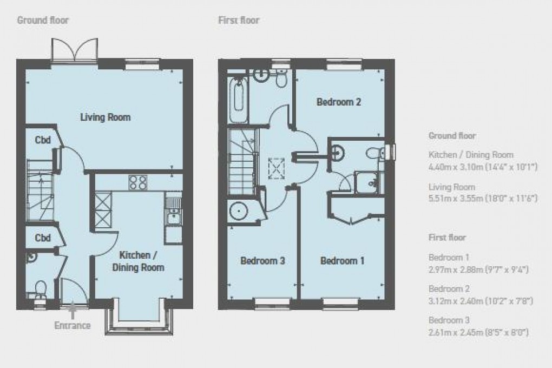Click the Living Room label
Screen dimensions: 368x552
point(106,117)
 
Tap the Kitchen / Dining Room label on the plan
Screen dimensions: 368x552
point(142,261)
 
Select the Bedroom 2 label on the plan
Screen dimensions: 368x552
point(339,102)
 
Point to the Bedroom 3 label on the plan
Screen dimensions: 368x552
point(262,261)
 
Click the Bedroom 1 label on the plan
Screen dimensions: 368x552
point(342,261)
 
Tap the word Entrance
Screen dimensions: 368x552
point(73,326)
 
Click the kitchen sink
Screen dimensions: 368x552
point(173,217)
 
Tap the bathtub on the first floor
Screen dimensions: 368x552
point(238,101)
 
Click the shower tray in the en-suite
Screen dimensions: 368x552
point(370,183)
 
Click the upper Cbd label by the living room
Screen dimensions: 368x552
point(43,140)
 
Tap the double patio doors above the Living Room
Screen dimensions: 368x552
point(75,51)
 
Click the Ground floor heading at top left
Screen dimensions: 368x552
point(43,21)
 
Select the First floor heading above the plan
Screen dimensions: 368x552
point(239,21)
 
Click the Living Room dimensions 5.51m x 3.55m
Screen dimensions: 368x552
point(482,199)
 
